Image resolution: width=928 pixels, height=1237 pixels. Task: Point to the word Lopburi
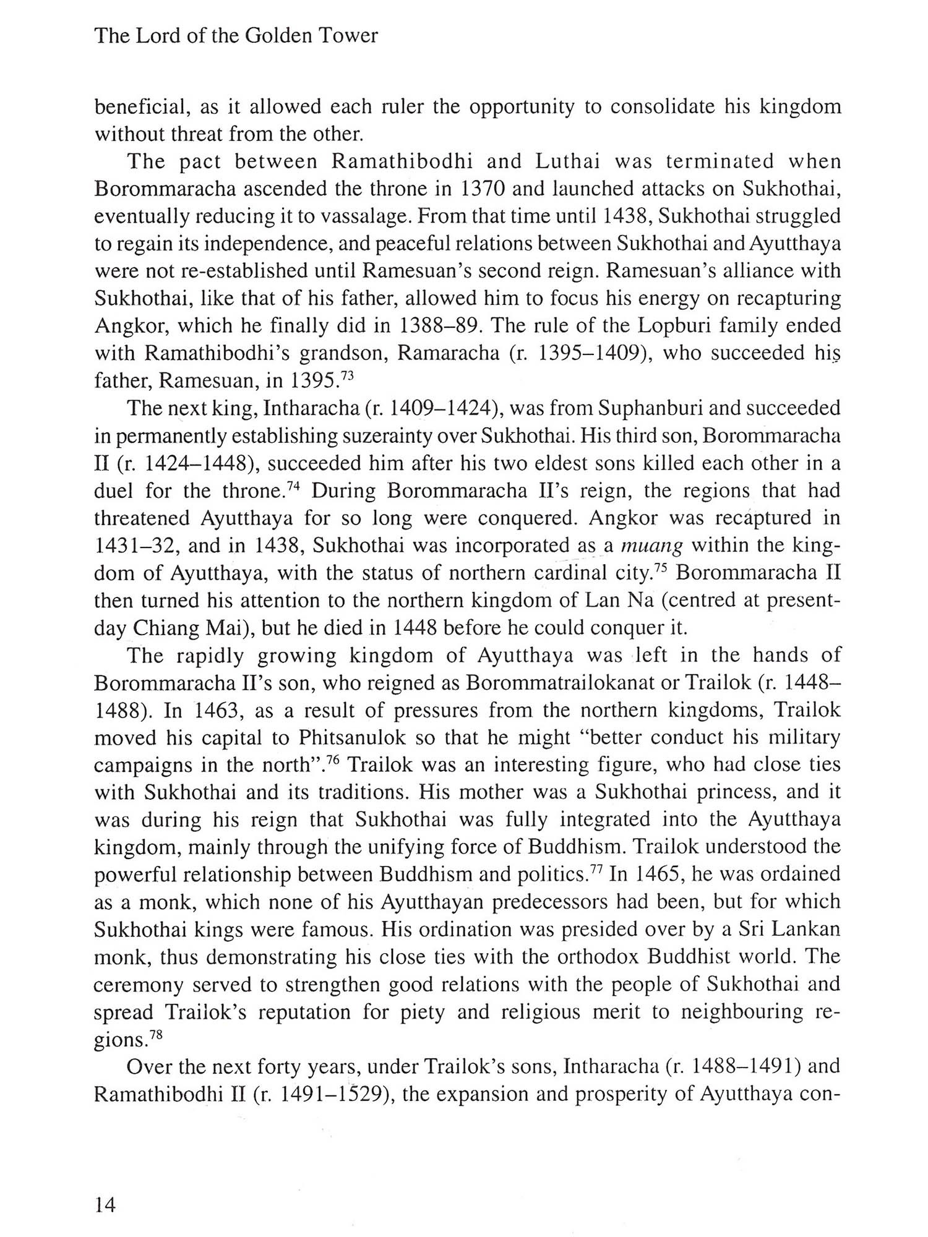point(674,325)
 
